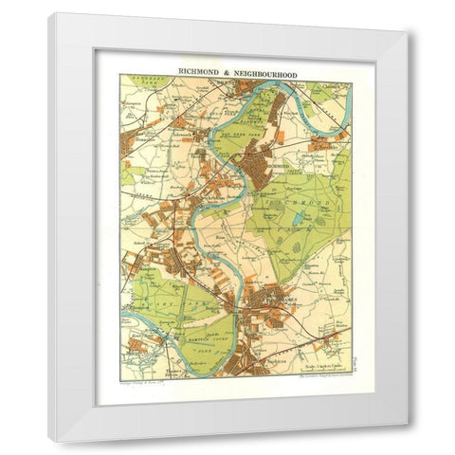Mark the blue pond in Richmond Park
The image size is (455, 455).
pyautogui.click(x=298, y=220)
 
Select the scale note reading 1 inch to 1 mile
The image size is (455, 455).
pyautogui.click(x=318, y=357)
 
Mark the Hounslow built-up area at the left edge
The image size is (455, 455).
pyautogui.click(x=130, y=142)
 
